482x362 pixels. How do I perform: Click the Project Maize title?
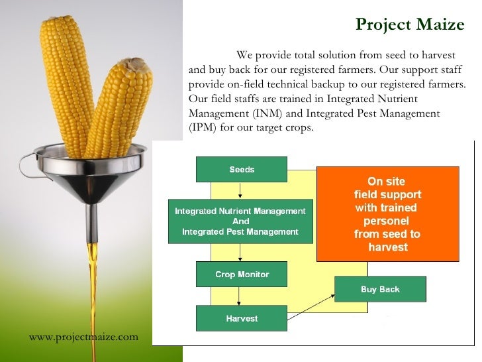(x=410, y=25)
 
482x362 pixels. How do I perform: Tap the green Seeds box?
(x=242, y=169)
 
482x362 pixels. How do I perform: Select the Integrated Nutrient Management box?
(x=240, y=221)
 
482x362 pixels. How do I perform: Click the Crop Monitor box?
(x=242, y=274)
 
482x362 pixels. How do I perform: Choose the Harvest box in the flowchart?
(x=242, y=318)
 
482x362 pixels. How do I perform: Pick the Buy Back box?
(x=380, y=289)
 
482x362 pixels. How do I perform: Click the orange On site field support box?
(x=387, y=213)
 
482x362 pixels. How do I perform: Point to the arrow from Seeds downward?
(x=242, y=190)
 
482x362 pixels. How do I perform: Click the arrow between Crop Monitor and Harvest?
(x=242, y=296)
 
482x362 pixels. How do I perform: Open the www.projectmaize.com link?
(x=83, y=337)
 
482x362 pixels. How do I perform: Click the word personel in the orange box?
(x=387, y=221)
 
